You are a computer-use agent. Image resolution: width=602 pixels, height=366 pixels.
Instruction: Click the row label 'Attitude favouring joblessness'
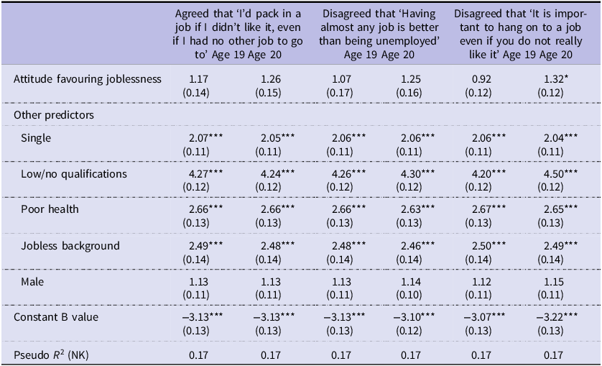pyautogui.click(x=88, y=79)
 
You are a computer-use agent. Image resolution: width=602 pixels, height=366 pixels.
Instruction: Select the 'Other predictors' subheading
pyautogui.click(x=54, y=115)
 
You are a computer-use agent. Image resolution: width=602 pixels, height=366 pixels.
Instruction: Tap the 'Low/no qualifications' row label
pyautogui.click(x=74, y=174)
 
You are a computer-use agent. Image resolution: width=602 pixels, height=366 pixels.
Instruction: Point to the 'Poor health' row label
pyautogui.click(x=50, y=209)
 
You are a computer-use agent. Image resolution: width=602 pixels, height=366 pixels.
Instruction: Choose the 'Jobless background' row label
pyautogui.click(x=70, y=246)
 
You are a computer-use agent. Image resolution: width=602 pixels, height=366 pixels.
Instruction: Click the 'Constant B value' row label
pyautogui.click(x=56, y=317)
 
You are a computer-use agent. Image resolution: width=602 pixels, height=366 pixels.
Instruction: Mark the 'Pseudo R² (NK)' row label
pyautogui.click(x=51, y=354)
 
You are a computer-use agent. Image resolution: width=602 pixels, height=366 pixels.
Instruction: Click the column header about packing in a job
pyautogui.click(x=238, y=35)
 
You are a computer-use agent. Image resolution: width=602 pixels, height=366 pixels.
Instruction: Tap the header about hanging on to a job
pyautogui.click(x=521, y=35)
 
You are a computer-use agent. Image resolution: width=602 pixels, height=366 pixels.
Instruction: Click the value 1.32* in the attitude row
pyautogui.click(x=553, y=79)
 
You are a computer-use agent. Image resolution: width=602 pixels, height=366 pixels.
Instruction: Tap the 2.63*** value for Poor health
pyautogui.click(x=417, y=209)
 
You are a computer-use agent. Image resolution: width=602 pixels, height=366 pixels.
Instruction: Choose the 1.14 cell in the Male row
pyautogui.click(x=410, y=282)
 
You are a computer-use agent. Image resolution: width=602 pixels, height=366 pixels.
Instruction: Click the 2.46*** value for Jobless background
pyautogui.click(x=417, y=246)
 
